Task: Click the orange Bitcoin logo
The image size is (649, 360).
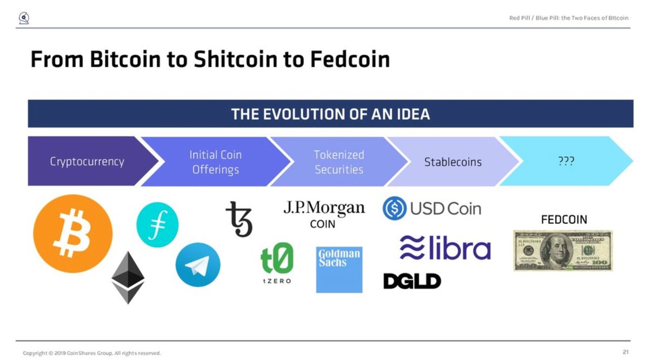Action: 72,234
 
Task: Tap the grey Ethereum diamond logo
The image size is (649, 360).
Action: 128,278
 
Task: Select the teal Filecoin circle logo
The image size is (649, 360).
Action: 157,225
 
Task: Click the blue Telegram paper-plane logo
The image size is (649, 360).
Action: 198,265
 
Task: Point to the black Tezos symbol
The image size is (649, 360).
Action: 239,219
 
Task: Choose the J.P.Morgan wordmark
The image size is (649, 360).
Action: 324,208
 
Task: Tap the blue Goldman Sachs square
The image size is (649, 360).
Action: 339,270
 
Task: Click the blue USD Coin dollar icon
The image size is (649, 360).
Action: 394,208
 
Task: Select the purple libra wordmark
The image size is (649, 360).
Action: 445,248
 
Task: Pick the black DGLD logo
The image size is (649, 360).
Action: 412,281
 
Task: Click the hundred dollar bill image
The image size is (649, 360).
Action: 563,250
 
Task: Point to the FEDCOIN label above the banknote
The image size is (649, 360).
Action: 564,219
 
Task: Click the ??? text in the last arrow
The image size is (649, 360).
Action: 566,161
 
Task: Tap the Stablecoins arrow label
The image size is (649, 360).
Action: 453,162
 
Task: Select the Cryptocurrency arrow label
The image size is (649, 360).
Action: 87,162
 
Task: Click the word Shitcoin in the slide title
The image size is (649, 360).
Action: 235,59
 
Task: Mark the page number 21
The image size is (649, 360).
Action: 626,352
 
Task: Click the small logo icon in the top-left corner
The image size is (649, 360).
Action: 24,18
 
